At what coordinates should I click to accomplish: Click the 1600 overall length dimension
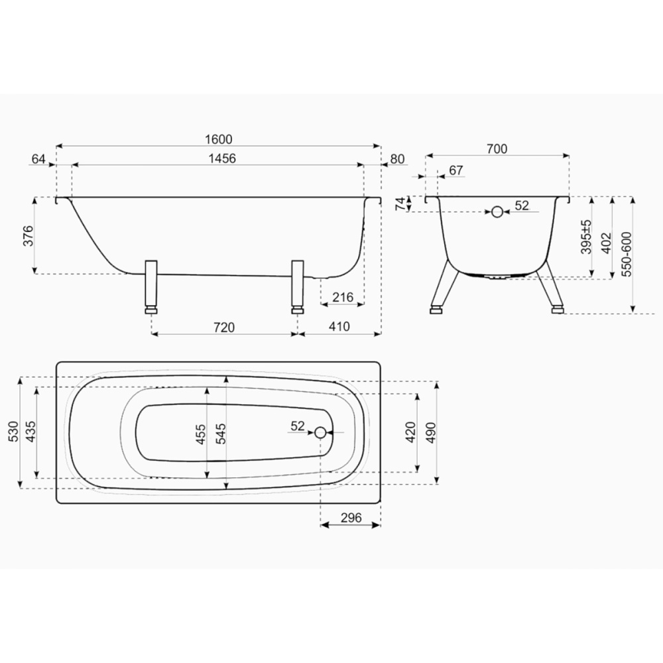pyautogui.click(x=219, y=139)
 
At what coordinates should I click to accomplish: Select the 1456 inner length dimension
pyautogui.click(x=222, y=158)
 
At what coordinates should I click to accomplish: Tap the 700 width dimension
pyautogui.click(x=497, y=149)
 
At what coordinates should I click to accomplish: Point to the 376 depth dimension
pyautogui.click(x=28, y=236)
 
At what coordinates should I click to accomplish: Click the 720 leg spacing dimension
pyautogui.click(x=224, y=328)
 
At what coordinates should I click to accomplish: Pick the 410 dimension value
pyautogui.click(x=339, y=326)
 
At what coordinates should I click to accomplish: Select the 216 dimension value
pyautogui.click(x=343, y=297)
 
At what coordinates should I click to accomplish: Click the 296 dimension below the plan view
pyautogui.click(x=351, y=518)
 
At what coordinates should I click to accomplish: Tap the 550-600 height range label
pyautogui.click(x=627, y=254)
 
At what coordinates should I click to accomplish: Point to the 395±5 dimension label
pyautogui.click(x=586, y=237)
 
